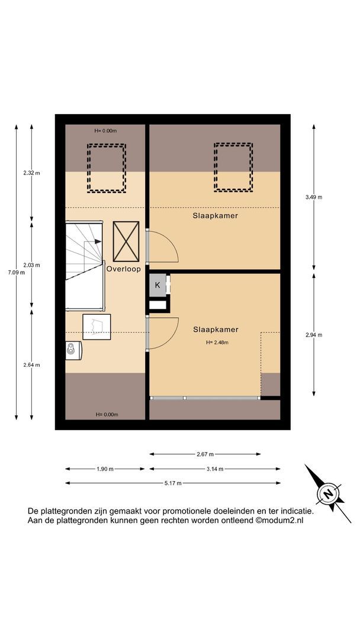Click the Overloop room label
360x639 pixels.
(124, 269)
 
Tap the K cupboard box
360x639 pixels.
(157, 285)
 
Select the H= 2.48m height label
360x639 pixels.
(217, 343)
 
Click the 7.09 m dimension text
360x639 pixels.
(17, 273)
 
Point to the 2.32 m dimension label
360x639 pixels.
(31, 173)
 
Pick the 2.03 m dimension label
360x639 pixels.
(31, 265)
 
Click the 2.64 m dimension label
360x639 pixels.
(31, 364)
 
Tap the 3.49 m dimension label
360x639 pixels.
(314, 197)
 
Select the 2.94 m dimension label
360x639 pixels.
(314, 335)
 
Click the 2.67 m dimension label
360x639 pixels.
(205, 454)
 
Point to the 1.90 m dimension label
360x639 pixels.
(105, 469)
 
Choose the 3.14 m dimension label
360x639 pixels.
(215, 469)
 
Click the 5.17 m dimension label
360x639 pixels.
(173, 483)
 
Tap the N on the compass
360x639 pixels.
(328, 495)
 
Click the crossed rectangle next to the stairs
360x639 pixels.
(126, 241)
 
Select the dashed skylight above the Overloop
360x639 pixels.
(107, 167)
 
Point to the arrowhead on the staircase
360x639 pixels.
(98, 241)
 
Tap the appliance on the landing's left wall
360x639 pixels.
(73, 350)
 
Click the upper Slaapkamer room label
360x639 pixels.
(216, 215)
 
